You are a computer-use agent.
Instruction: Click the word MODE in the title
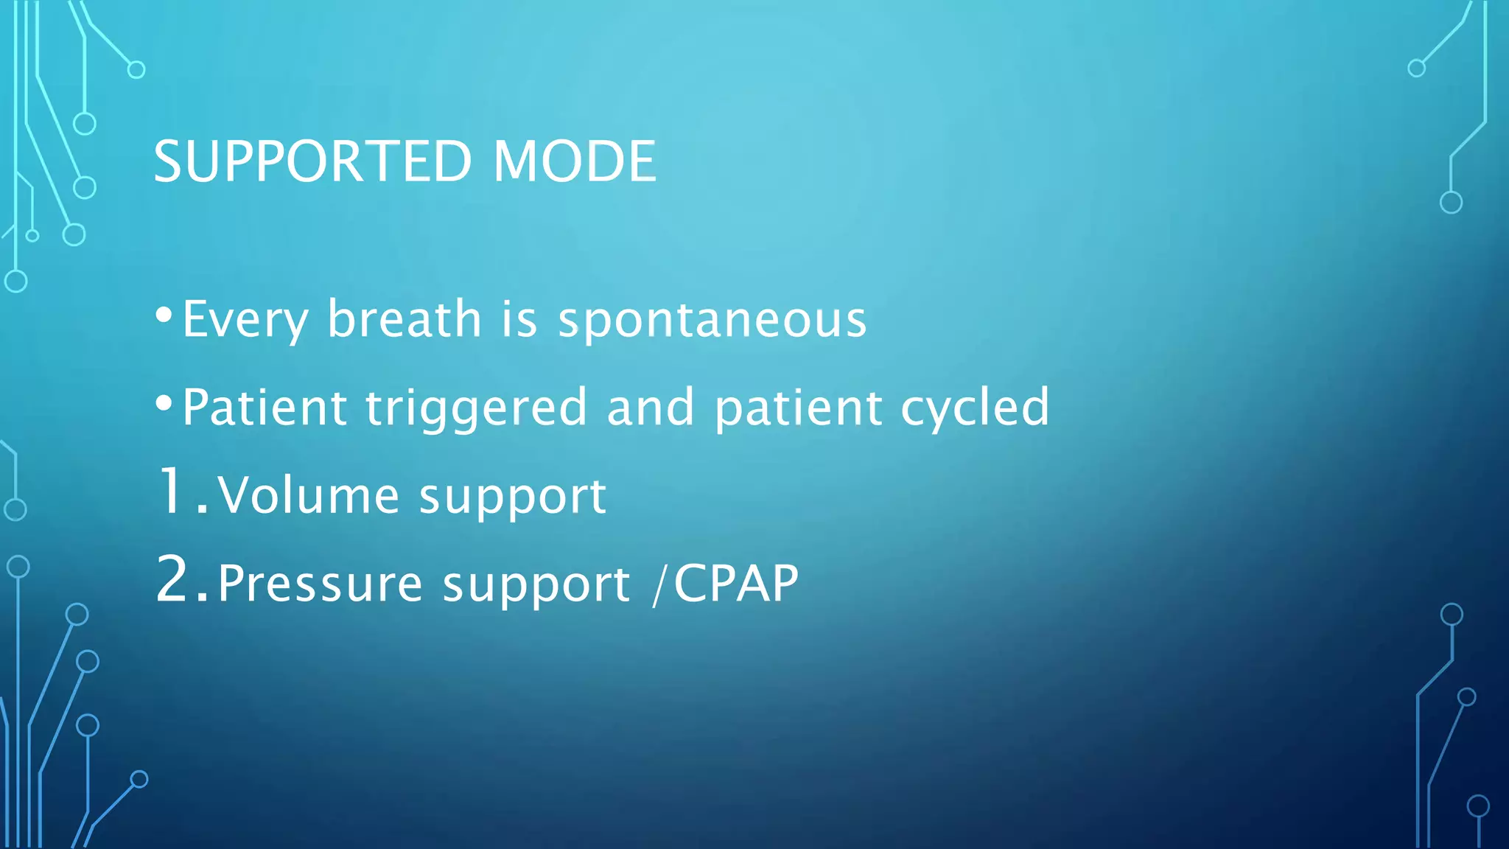(x=574, y=161)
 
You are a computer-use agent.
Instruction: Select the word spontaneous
(x=712, y=321)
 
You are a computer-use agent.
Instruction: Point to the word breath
(x=405, y=319)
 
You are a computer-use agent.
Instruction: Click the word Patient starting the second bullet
(x=265, y=408)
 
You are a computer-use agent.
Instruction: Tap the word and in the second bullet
(x=651, y=408)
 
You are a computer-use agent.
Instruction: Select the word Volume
(x=308, y=495)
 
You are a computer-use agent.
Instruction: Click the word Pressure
(x=320, y=584)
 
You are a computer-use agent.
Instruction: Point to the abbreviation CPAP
(x=736, y=584)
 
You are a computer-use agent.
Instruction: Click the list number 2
(x=175, y=580)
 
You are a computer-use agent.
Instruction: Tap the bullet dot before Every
(x=164, y=315)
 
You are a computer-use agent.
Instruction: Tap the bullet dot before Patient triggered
(x=164, y=403)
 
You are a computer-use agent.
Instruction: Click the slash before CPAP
(x=658, y=584)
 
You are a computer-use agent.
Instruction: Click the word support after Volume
(x=513, y=497)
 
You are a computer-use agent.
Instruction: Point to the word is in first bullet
(x=519, y=321)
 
